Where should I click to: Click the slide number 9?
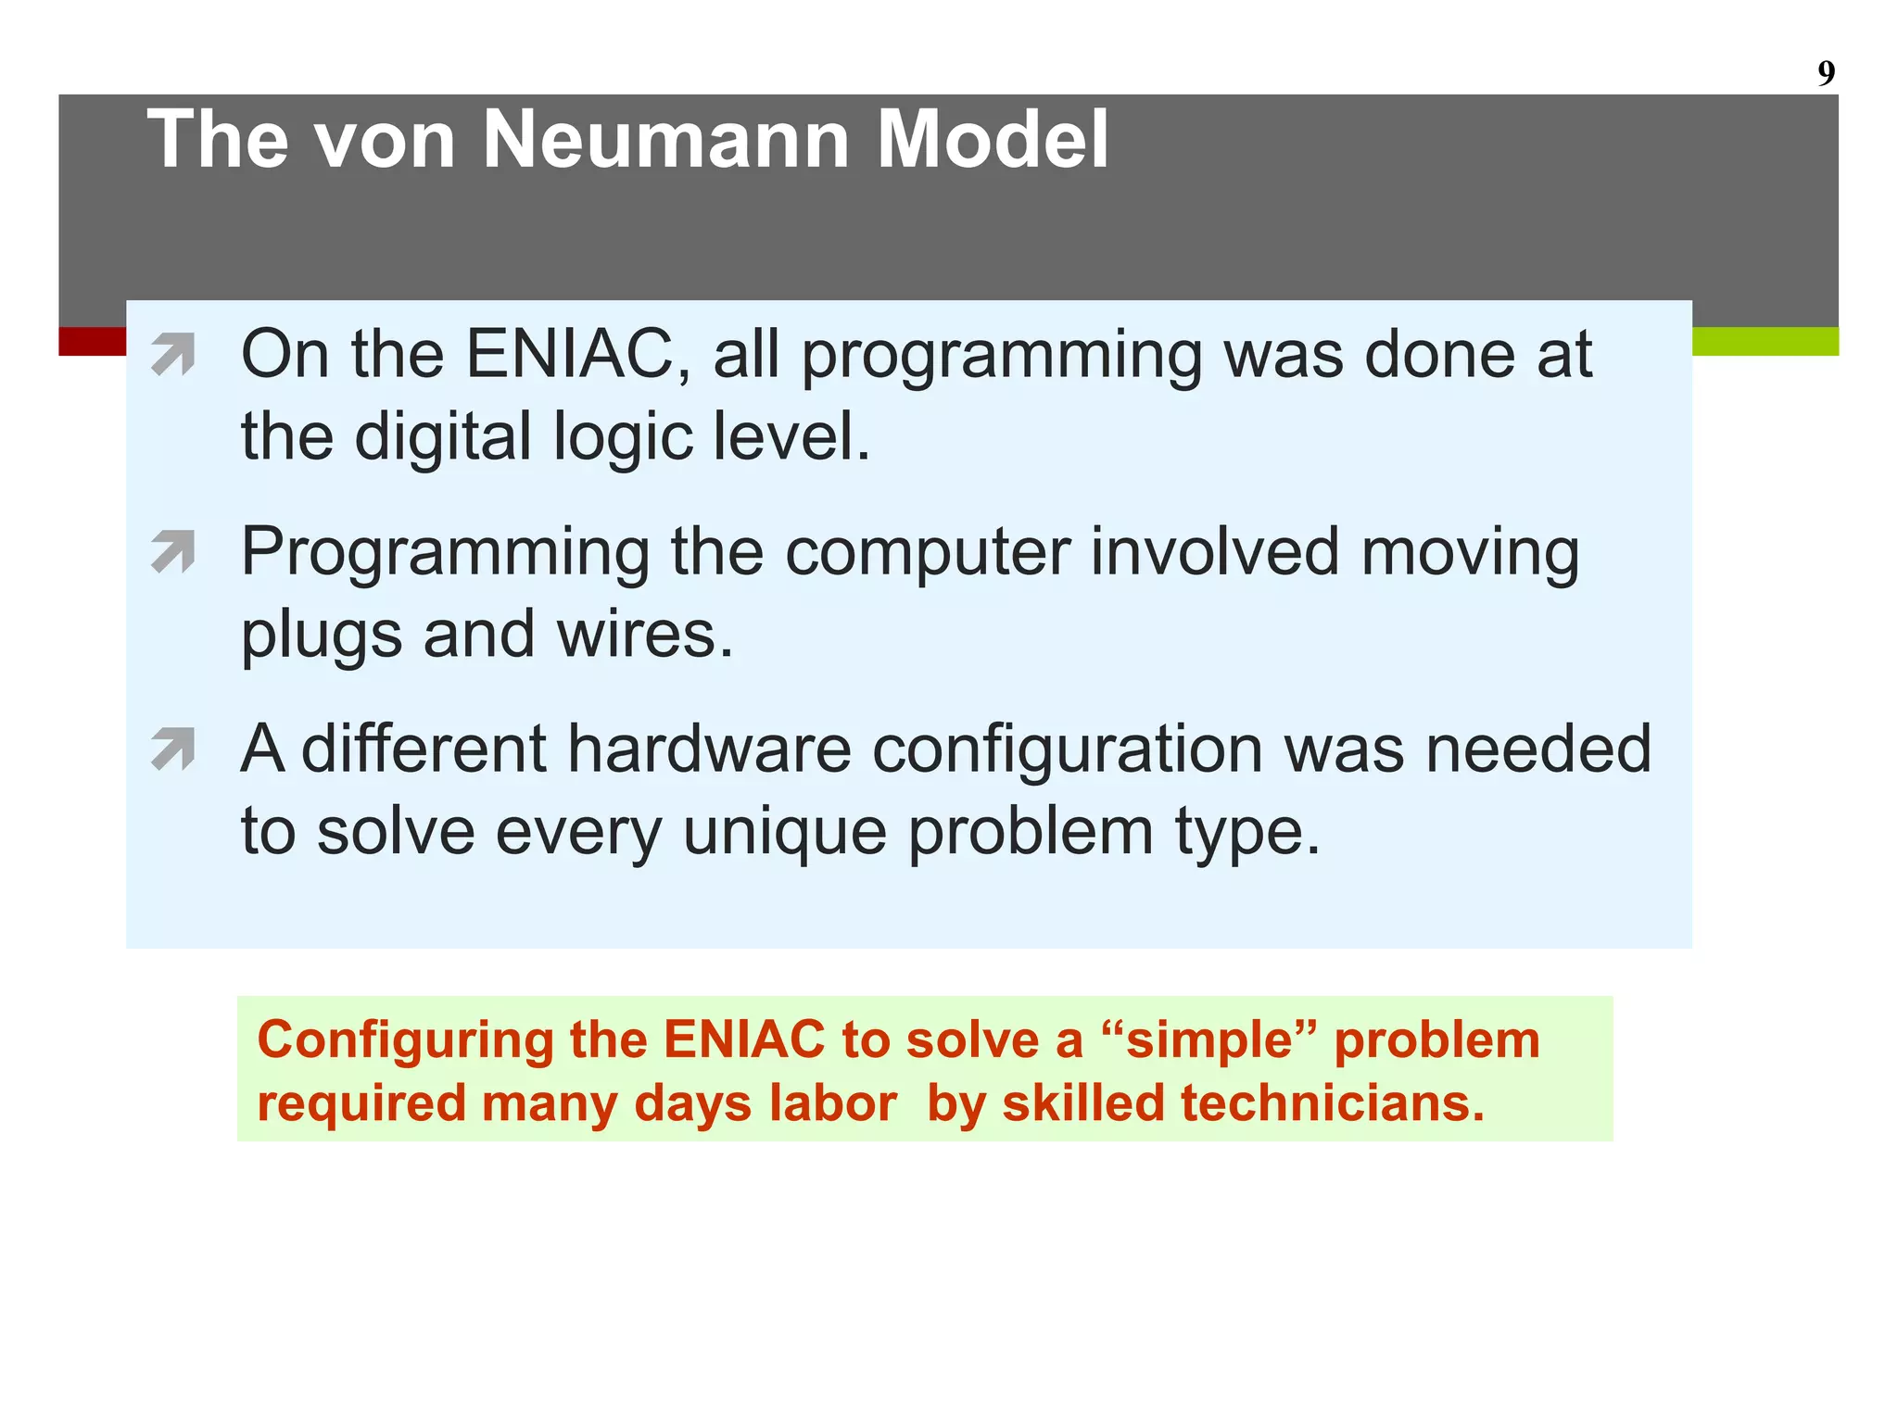1825,73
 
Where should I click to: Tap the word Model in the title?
992,140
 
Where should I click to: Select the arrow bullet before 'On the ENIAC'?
173,355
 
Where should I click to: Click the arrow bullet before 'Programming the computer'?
173,552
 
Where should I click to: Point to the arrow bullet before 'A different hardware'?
173,749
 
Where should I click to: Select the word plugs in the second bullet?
321,636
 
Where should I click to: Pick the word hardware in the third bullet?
709,749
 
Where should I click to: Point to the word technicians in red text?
1332,1103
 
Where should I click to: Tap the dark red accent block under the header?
92,341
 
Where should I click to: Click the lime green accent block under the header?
1765,341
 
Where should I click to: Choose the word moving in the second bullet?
1469,552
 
